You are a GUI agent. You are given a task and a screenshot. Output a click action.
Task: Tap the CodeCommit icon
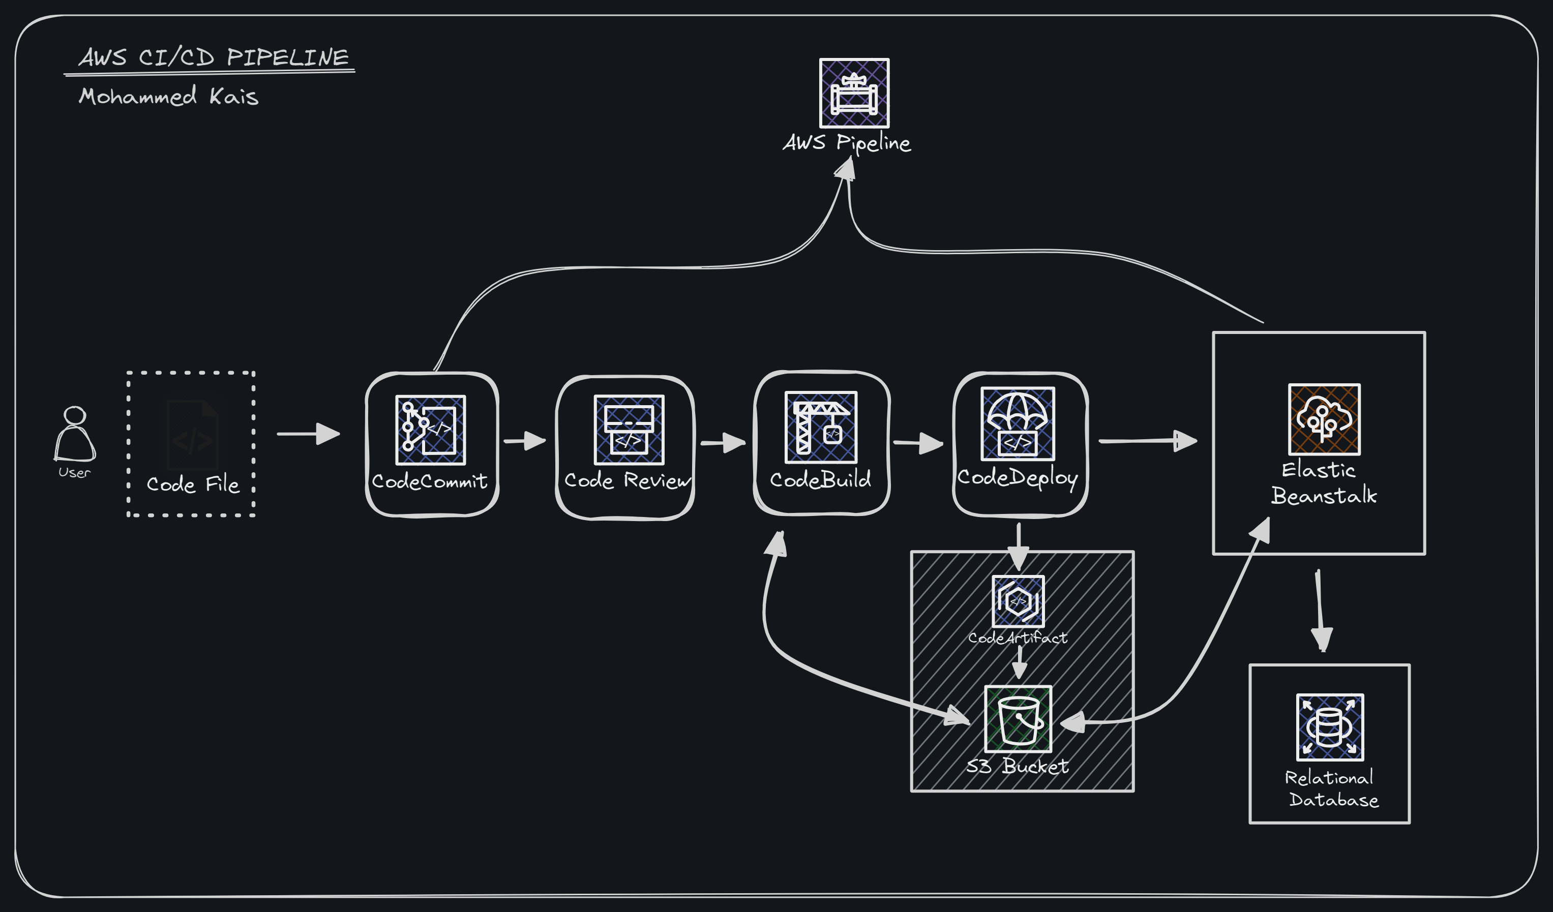click(x=430, y=430)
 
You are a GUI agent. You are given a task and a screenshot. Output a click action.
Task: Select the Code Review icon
click(x=629, y=430)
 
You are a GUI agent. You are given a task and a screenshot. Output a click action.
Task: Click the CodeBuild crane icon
click(x=820, y=427)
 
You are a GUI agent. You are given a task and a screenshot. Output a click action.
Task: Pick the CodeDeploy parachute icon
click(x=1018, y=423)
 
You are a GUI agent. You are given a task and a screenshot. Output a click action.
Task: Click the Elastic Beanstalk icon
click(x=1324, y=419)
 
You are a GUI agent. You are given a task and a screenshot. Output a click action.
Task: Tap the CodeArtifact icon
click(x=1018, y=601)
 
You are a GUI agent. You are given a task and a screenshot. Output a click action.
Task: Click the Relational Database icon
click(x=1330, y=727)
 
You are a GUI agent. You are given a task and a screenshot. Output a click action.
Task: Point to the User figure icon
click(x=75, y=435)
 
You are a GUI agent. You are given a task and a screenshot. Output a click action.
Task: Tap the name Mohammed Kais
click(x=168, y=96)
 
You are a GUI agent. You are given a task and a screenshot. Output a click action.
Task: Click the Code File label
click(x=193, y=484)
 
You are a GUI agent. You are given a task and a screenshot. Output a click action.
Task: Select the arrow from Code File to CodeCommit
click(x=308, y=434)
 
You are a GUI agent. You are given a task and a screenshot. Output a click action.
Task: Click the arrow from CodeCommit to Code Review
click(x=524, y=441)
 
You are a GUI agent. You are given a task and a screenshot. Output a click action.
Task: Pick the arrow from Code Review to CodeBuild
click(x=722, y=442)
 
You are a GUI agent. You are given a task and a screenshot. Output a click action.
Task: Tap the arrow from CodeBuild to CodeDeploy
click(x=918, y=442)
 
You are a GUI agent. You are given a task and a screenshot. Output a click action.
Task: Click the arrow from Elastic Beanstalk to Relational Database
click(x=1320, y=610)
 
